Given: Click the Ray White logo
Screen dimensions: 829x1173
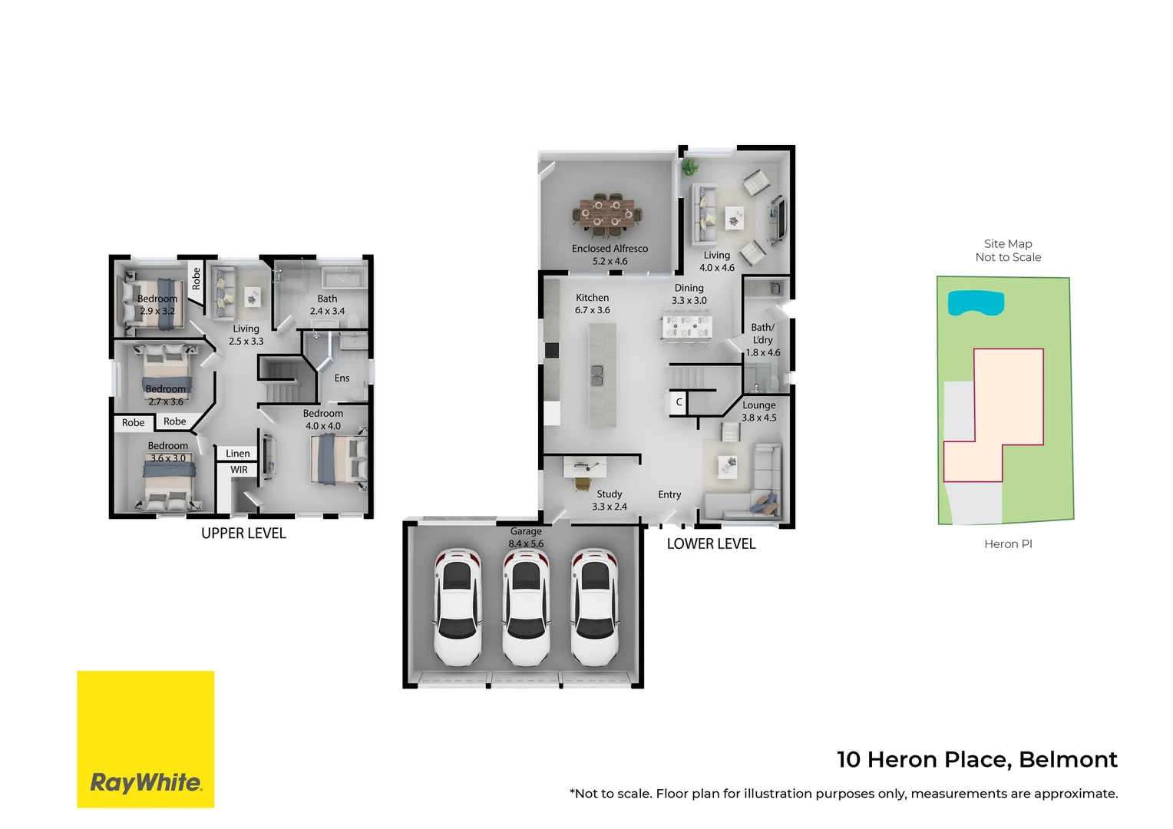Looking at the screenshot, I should [x=145, y=739].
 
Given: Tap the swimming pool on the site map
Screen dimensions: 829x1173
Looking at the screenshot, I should [x=975, y=303].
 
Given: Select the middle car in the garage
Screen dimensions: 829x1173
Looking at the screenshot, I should [x=526, y=606].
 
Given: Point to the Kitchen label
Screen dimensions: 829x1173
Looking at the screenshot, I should [x=592, y=298].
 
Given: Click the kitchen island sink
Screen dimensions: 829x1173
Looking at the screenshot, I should [x=596, y=375].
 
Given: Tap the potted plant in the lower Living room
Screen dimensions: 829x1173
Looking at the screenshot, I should [x=691, y=167].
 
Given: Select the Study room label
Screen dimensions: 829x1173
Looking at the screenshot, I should [x=609, y=494].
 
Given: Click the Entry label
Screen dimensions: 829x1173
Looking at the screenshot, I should [x=669, y=495].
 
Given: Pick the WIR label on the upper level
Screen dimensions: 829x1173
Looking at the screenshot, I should [x=239, y=470].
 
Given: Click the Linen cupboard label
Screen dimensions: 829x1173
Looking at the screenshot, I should [x=237, y=454].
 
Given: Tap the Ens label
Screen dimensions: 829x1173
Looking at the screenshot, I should [x=342, y=378].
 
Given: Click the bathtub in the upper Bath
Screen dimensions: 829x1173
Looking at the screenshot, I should [x=344, y=278].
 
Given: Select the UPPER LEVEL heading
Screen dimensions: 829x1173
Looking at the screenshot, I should [x=243, y=533].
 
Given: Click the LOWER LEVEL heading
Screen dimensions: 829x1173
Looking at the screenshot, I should [x=711, y=544].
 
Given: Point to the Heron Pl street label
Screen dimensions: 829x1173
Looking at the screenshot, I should [x=1007, y=544].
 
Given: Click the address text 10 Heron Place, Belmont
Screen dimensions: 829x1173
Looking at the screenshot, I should [x=976, y=759].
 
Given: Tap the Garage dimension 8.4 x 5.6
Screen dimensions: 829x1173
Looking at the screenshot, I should [x=526, y=543].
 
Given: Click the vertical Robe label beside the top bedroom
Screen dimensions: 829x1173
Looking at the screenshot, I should [x=197, y=279].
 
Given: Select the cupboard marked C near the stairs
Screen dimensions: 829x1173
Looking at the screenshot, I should [x=679, y=402].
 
